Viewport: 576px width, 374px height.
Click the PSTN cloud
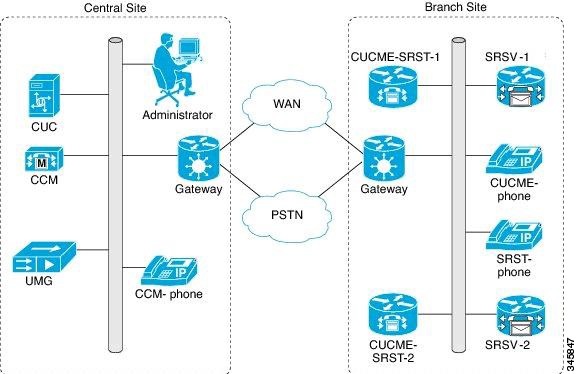289,212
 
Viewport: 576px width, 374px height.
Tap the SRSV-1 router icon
520,94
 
